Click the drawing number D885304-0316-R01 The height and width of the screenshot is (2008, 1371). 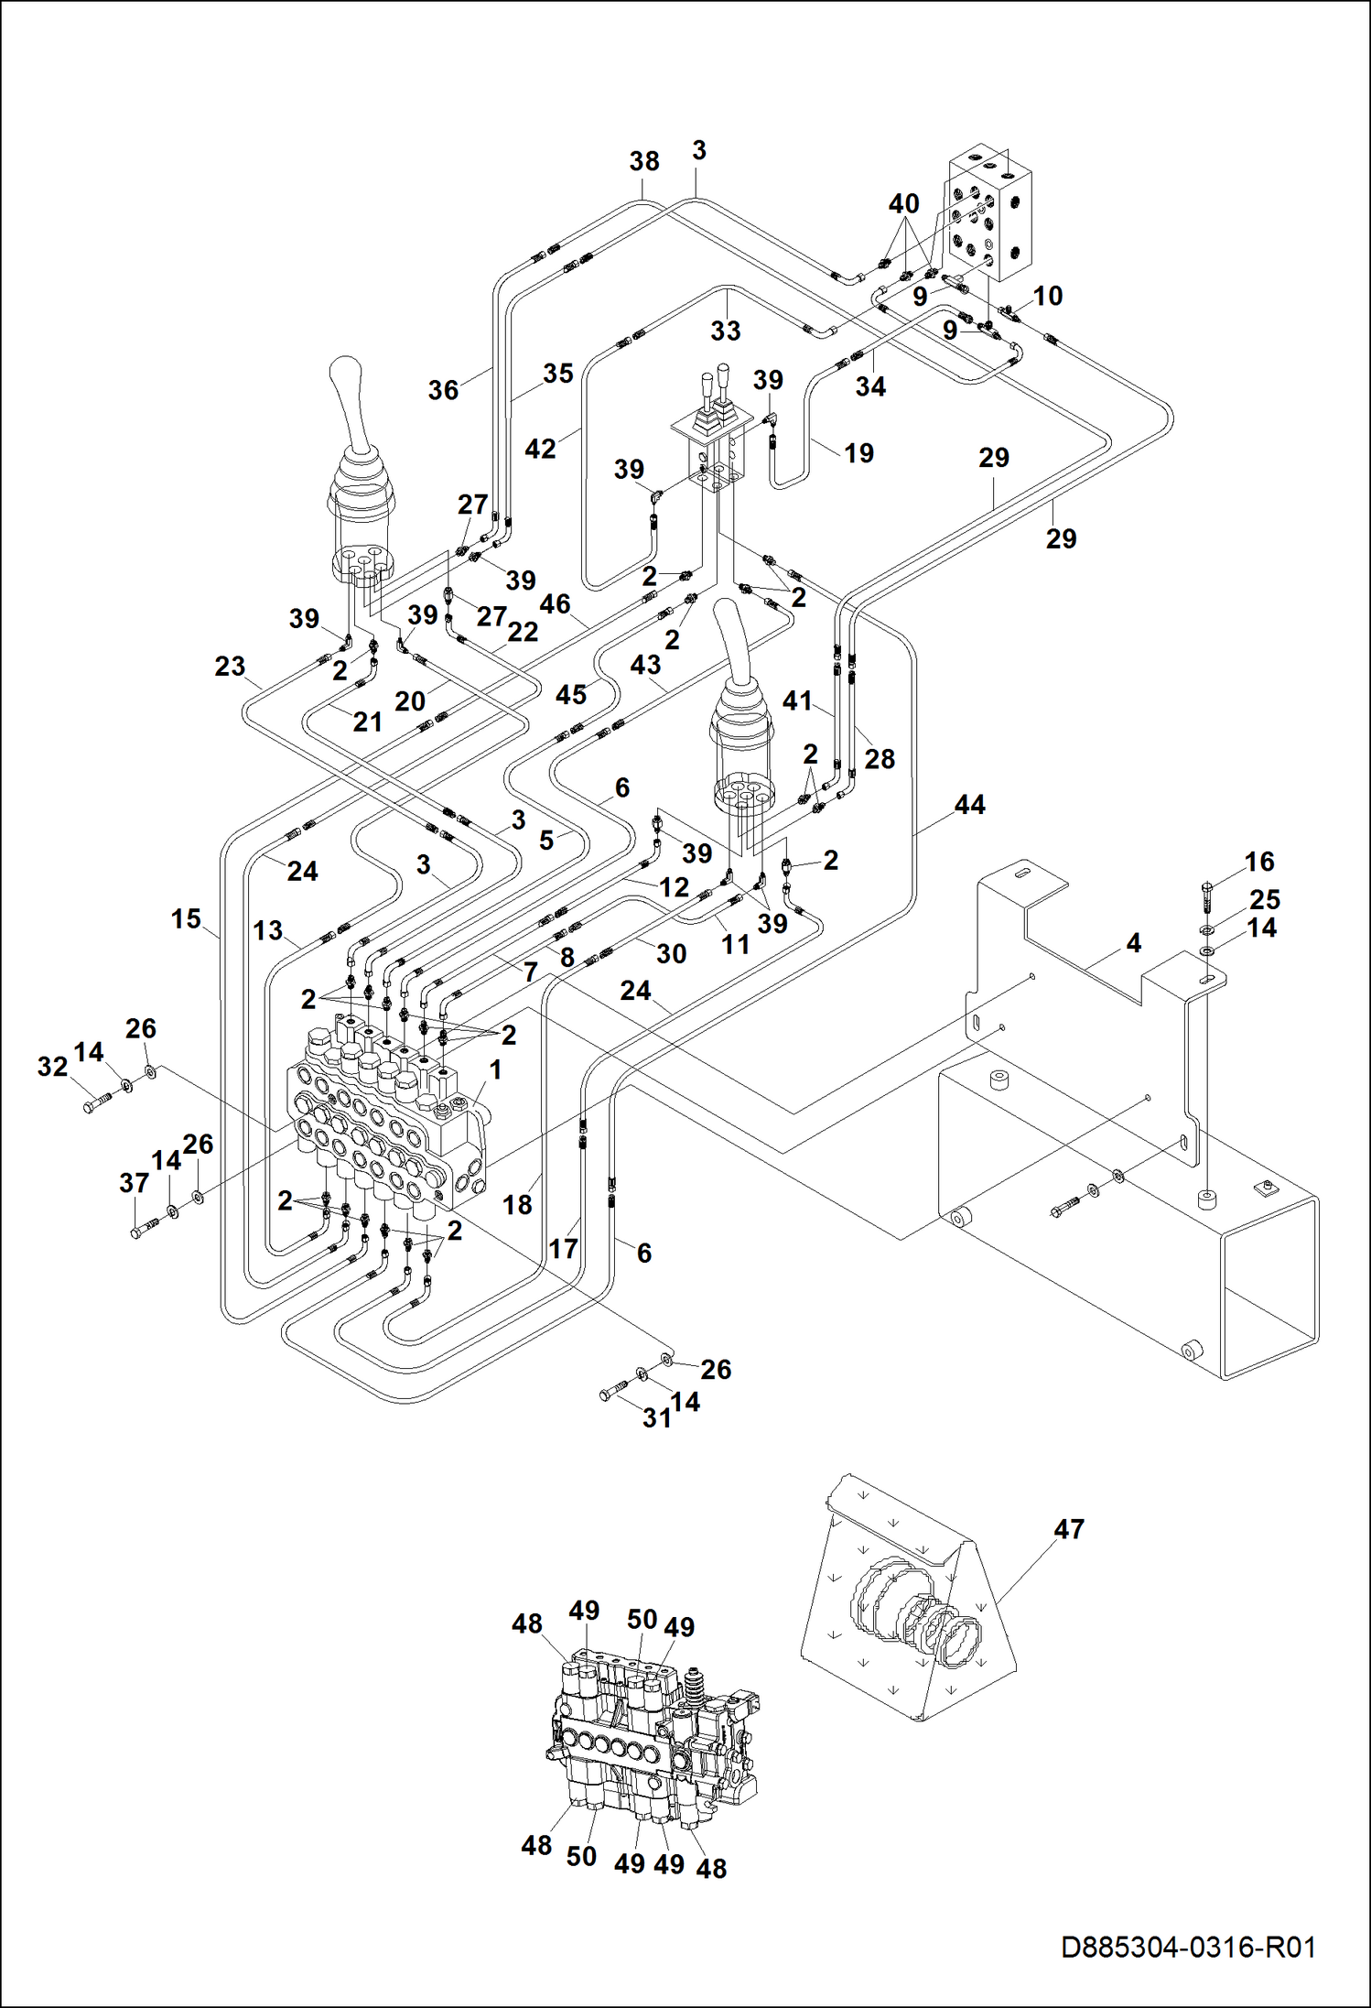(1188, 1947)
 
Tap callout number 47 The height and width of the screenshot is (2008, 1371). (1069, 1529)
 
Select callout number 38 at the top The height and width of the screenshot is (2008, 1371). (644, 161)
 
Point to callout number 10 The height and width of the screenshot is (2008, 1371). (1048, 296)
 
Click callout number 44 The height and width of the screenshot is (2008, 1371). (970, 805)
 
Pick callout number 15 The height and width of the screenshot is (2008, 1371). (186, 918)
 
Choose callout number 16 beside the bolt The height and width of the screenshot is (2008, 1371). (1259, 862)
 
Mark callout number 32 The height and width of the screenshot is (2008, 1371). (52, 1067)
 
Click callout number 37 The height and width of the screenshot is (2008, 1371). (134, 1183)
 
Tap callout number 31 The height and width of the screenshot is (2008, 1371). (657, 1418)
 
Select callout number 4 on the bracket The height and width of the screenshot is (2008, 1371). (1133, 942)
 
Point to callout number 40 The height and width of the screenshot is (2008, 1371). (904, 203)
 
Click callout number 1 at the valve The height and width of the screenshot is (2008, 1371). (495, 1069)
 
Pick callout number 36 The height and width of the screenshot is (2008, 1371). (443, 390)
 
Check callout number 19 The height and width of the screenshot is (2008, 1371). (858, 452)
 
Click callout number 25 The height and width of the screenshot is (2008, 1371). (1265, 899)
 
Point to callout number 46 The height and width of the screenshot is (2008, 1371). (555, 604)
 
